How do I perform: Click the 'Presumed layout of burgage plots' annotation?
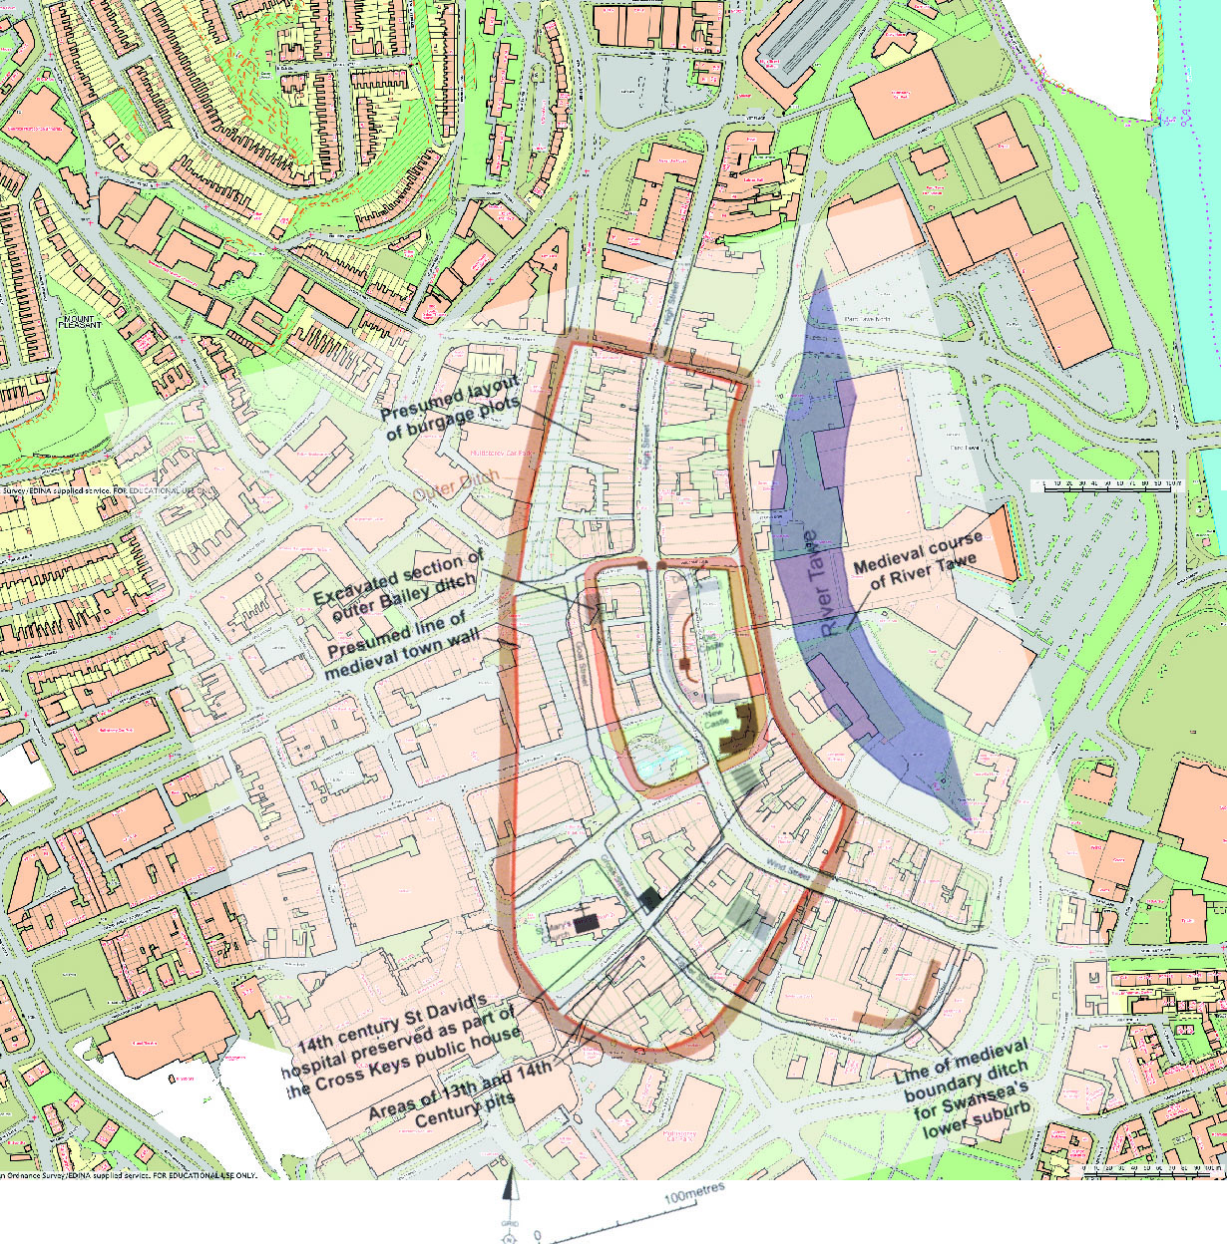pos(452,409)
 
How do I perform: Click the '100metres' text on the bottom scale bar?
pos(695,1195)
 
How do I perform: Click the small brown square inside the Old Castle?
pos(685,663)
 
